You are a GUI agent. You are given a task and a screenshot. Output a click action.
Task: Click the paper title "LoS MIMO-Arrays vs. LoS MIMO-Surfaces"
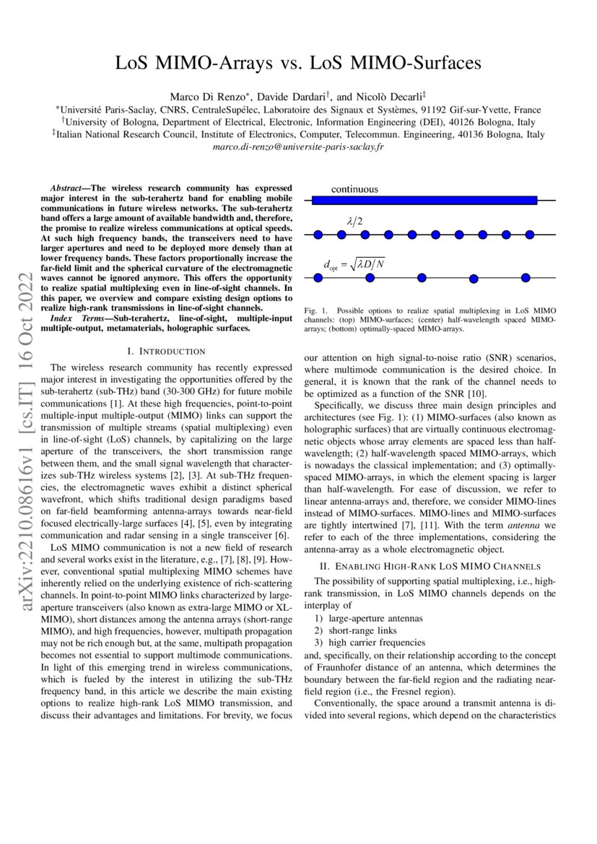tap(298, 64)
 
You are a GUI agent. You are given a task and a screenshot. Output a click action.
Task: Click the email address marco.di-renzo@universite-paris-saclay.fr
tap(298, 147)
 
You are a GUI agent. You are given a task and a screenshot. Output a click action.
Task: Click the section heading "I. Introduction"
tap(166, 352)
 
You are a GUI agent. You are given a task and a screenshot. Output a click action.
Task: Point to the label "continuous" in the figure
tap(354, 189)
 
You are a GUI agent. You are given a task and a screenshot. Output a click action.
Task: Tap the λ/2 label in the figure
tap(354, 222)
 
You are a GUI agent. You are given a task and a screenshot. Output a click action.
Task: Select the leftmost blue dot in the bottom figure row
tap(317, 278)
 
